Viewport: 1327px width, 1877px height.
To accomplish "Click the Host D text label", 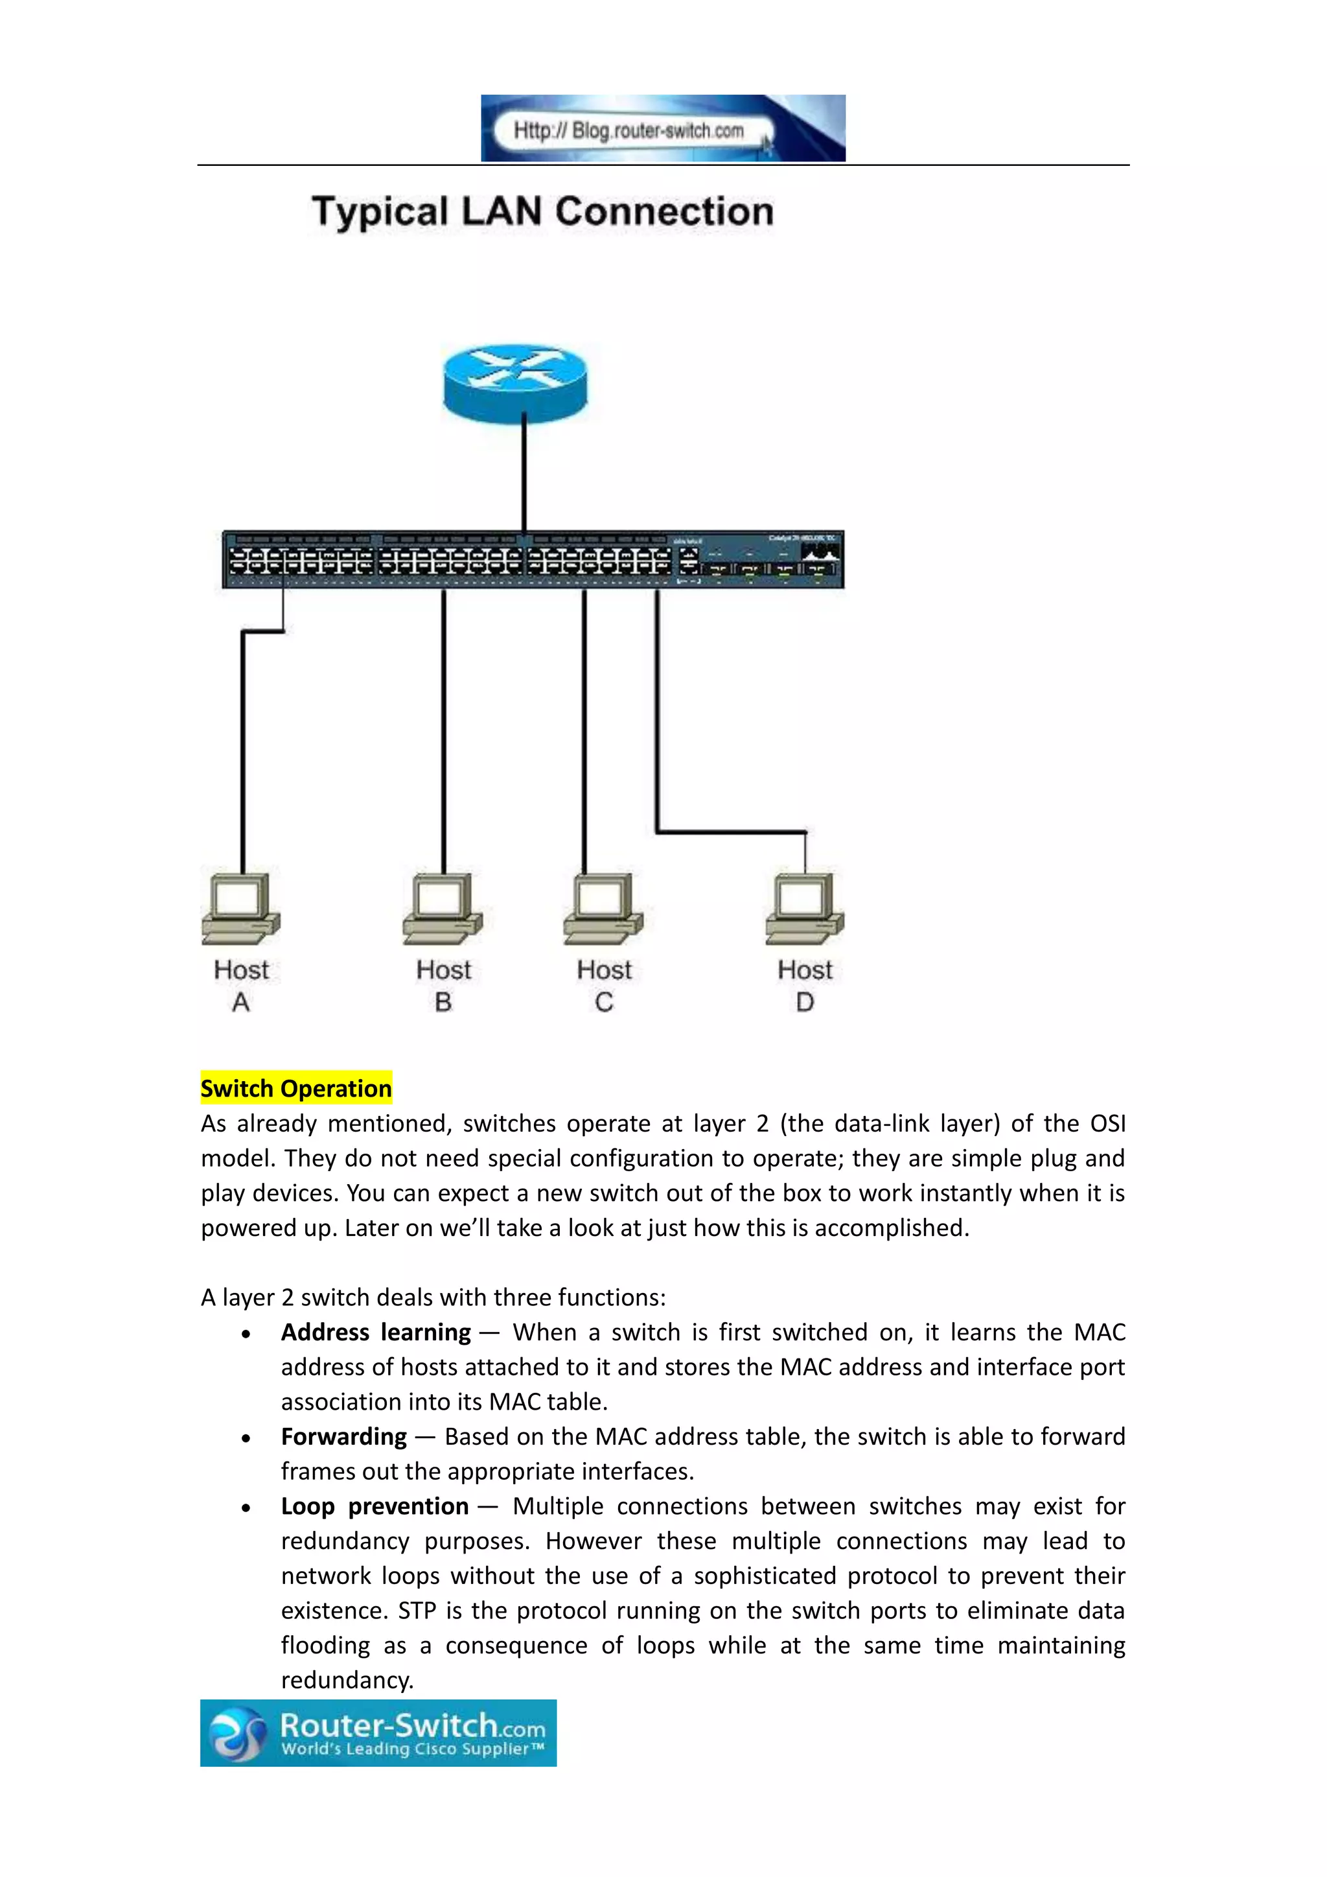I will [805, 985].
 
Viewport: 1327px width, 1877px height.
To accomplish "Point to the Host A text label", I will [241, 985].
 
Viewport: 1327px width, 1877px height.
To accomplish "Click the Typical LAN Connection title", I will [542, 212].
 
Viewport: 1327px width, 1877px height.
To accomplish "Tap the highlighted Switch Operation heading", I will [296, 1088].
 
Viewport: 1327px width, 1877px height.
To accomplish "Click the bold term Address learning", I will [376, 1333].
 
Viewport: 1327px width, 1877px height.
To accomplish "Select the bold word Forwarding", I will [344, 1436].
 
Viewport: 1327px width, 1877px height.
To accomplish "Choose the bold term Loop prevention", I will [375, 1506].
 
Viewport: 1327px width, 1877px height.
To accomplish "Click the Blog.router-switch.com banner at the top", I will [663, 128].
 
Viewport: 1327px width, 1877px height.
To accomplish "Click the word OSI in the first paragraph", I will [1107, 1123].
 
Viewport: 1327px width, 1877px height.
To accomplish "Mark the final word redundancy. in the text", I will [347, 1680].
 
